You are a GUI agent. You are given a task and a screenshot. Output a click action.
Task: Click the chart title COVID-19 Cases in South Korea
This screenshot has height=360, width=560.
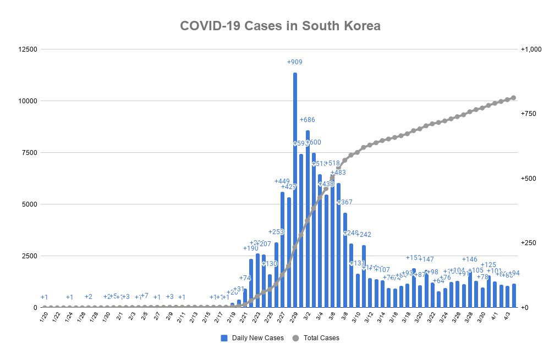280,26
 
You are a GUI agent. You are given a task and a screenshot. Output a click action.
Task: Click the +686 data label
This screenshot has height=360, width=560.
308,119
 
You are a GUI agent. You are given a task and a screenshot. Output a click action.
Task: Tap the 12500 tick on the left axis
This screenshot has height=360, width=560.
27,49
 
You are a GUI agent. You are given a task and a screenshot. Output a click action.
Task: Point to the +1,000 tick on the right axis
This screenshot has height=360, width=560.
531,49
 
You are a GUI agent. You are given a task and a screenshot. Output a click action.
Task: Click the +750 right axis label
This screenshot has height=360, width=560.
529,114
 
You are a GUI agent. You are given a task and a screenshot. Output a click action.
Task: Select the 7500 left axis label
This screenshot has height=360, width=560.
29,153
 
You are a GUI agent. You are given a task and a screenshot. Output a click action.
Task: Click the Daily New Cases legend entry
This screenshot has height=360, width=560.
252,338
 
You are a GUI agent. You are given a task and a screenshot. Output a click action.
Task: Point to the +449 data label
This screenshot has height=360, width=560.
282,181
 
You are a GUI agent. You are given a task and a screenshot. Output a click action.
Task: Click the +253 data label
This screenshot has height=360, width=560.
276,231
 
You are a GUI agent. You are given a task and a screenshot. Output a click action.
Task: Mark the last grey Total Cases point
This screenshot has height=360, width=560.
513,98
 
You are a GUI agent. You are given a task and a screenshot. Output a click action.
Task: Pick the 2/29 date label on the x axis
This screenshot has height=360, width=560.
294,318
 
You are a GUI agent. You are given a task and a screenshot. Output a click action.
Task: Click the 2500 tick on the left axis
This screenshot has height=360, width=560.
29,256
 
